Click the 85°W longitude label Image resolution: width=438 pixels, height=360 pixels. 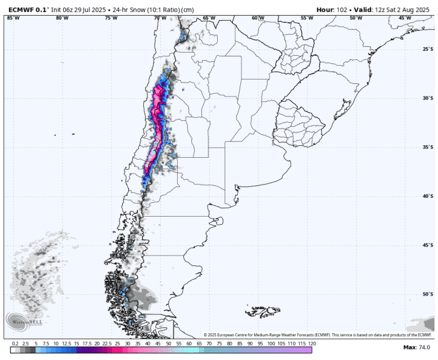click(13, 18)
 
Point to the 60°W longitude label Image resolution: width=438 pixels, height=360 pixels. click(258, 18)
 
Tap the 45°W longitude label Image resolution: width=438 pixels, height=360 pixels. click(405, 18)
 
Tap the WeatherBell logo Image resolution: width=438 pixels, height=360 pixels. click(24, 321)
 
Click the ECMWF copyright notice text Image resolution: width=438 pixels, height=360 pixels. click(318, 335)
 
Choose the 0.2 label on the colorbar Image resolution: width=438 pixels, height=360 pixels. click(15, 344)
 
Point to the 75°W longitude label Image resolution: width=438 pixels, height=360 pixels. click(111, 18)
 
